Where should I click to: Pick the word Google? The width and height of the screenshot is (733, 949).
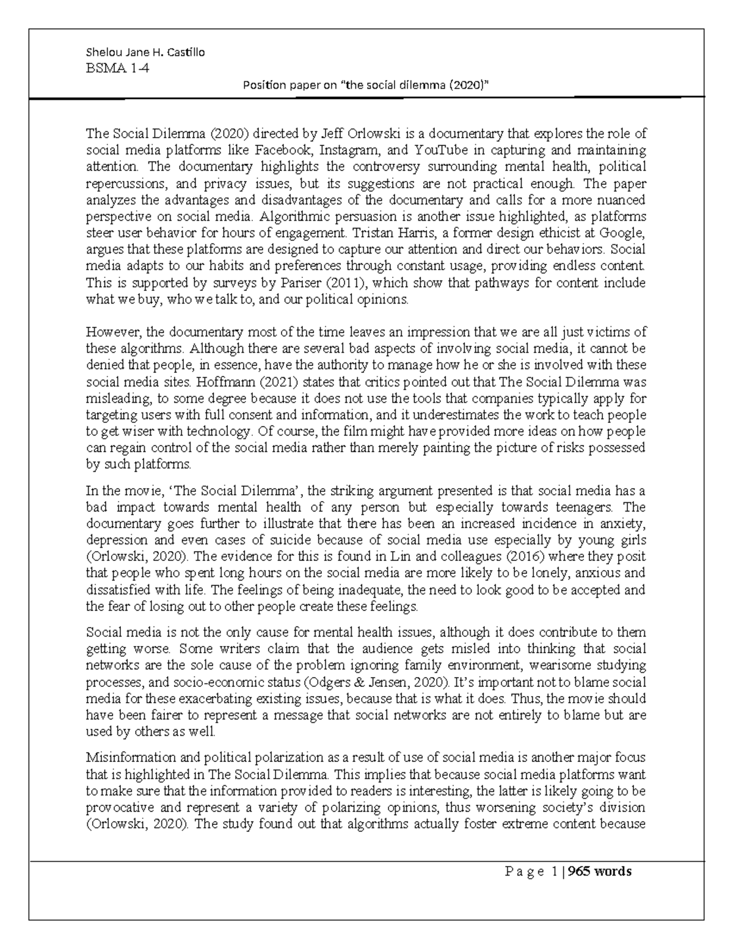627,233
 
